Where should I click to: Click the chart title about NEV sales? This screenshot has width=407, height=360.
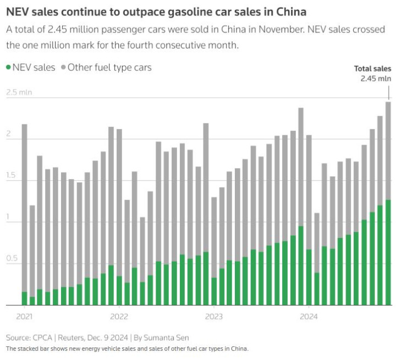coord(156,11)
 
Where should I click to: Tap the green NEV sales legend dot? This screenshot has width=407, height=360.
coord(8,68)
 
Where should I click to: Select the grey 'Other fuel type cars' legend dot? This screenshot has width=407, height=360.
coord(64,68)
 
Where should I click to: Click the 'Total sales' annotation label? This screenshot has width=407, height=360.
coord(372,69)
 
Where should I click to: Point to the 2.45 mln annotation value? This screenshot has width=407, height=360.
coord(376,79)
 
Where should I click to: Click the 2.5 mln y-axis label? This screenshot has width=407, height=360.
coord(19,92)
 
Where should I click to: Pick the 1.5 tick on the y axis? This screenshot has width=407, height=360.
coord(12,175)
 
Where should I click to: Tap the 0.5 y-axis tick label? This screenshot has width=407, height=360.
coord(12,258)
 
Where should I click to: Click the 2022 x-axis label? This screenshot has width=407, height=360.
coord(119,316)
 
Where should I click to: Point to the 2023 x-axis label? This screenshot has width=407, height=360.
coord(214,316)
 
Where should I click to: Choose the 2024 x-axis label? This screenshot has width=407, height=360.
coord(309,316)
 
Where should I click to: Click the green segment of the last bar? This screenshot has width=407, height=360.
coord(388,253)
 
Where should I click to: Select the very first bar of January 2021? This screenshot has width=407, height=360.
coord(24,214)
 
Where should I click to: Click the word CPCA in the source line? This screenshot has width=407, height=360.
coord(42,337)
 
